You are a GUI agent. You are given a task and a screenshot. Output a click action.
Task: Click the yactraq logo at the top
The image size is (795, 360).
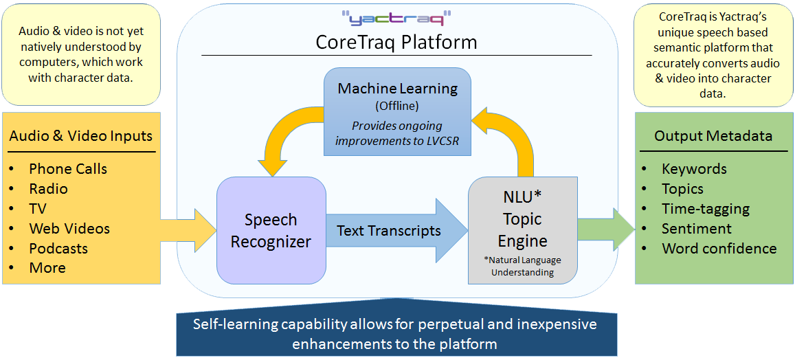click(396, 19)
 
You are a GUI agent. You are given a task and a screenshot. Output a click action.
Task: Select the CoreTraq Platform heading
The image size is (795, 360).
click(396, 42)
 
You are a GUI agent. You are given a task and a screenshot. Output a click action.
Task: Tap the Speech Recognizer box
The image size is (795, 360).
click(271, 231)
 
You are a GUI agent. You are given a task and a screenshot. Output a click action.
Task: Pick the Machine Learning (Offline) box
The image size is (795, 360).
click(397, 111)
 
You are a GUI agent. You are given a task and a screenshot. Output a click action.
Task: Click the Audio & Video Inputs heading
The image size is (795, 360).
click(81, 136)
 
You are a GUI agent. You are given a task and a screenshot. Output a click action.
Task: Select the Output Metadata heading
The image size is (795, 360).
click(713, 136)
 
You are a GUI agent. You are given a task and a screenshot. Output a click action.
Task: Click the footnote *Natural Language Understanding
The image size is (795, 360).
click(523, 267)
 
